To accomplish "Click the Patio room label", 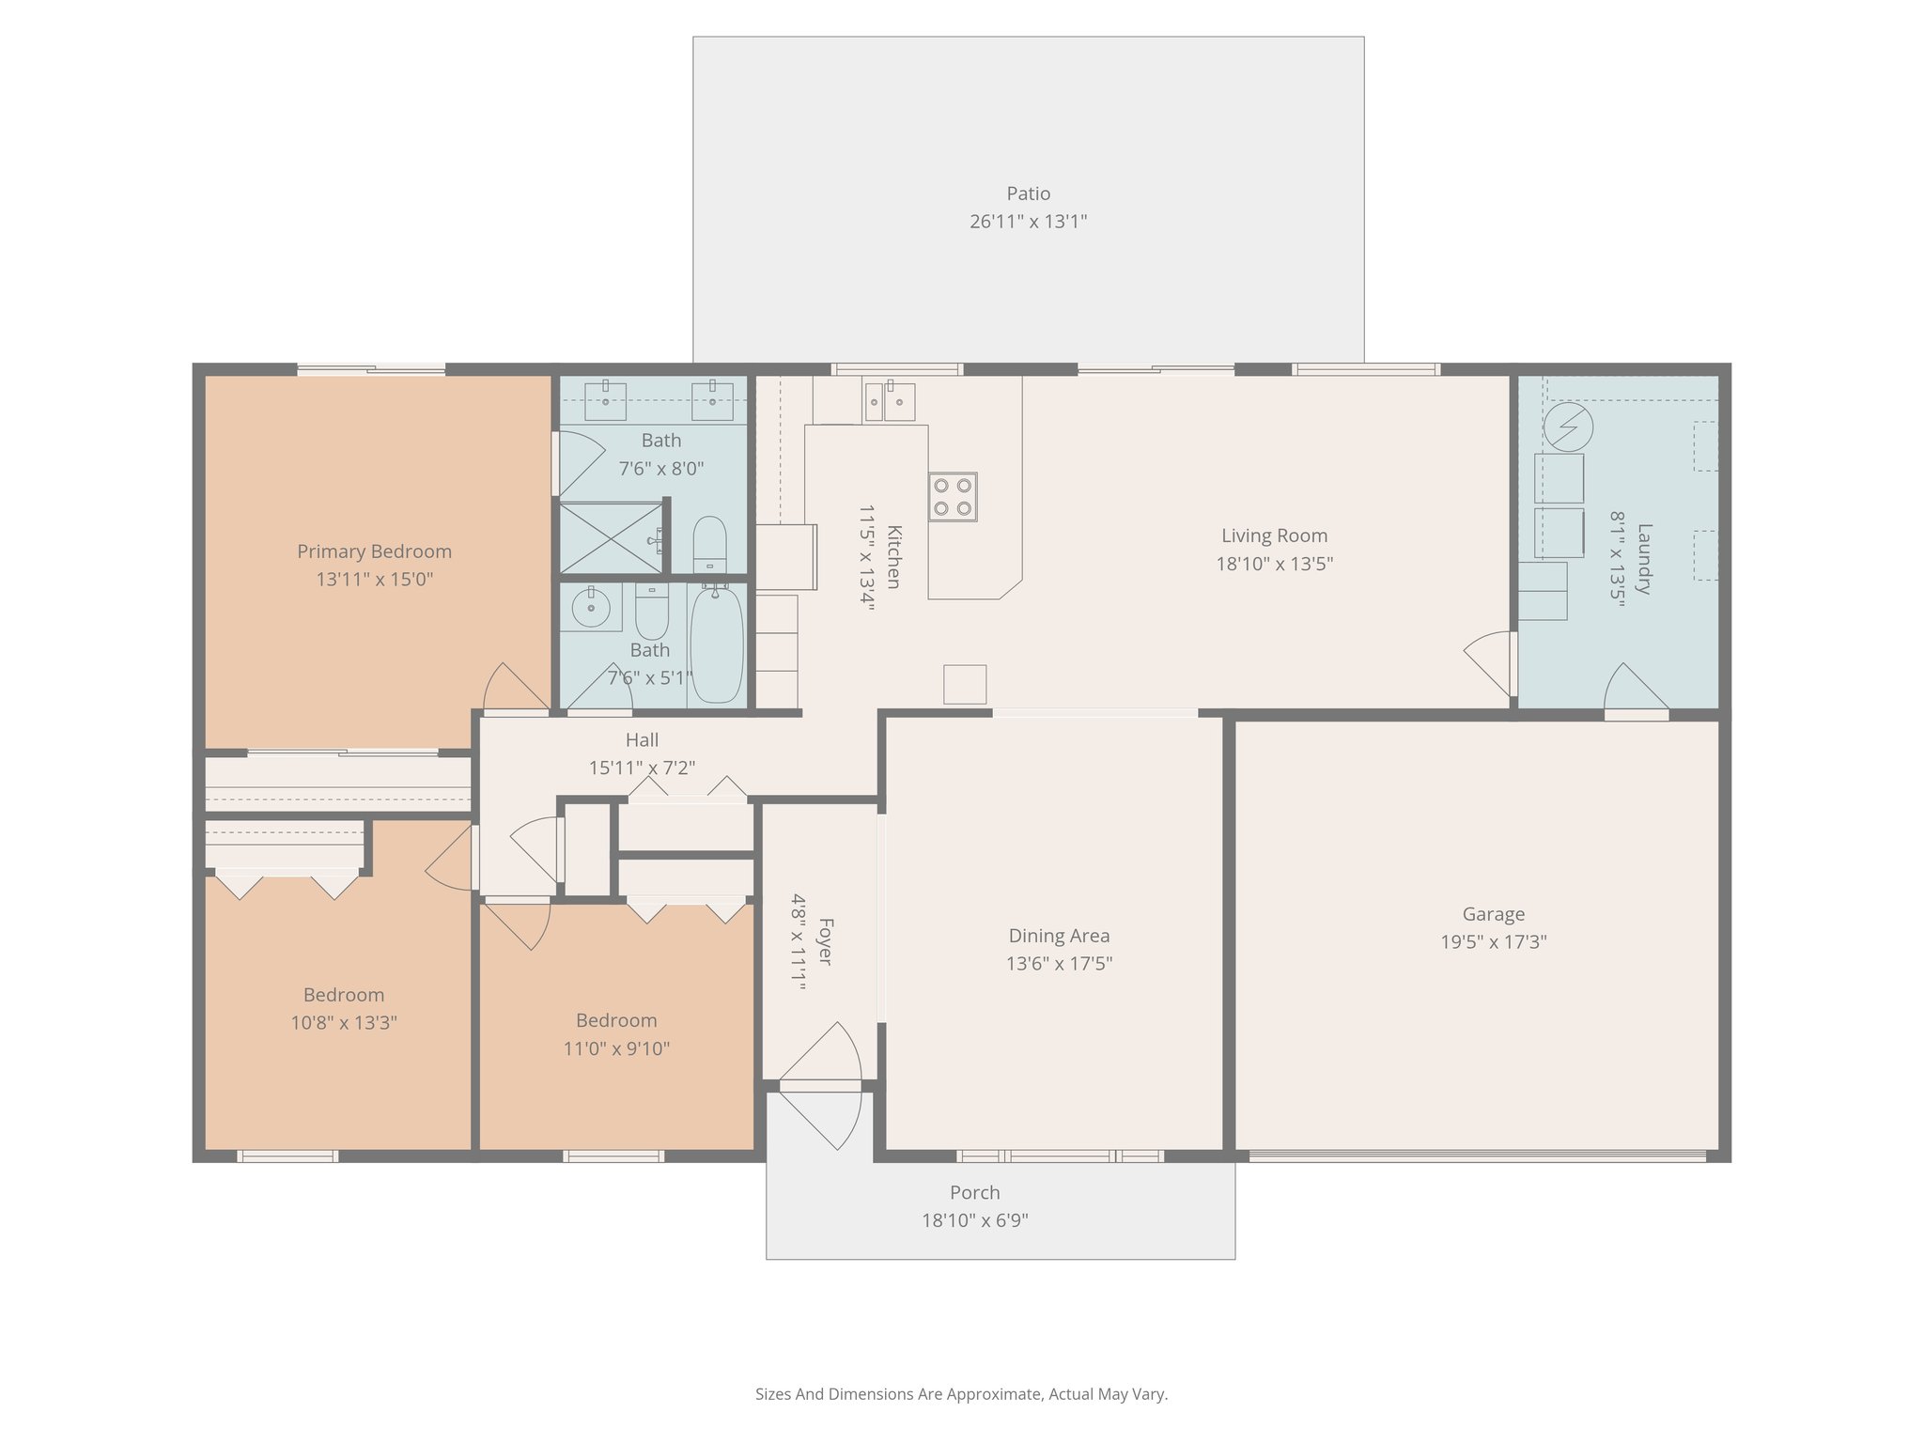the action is [1028, 194].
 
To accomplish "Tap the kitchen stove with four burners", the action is [953, 497].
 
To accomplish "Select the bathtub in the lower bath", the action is [716, 644].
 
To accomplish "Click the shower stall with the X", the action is [612, 537].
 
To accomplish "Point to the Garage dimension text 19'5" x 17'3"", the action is [1494, 941].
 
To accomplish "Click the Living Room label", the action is [1274, 535].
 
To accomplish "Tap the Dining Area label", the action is [1059, 936].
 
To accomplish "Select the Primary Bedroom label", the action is [374, 551].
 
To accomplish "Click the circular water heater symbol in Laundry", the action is [1568, 427].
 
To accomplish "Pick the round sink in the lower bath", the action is [592, 609].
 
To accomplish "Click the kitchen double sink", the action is [890, 401].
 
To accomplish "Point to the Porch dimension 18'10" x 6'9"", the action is [974, 1220].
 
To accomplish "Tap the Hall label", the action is [642, 740].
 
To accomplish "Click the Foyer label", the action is [825, 941].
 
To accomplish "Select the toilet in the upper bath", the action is [709, 544].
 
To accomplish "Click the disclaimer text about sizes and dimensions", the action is [961, 1394].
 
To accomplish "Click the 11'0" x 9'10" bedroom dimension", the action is [616, 1048].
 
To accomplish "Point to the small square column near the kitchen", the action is [965, 684].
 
